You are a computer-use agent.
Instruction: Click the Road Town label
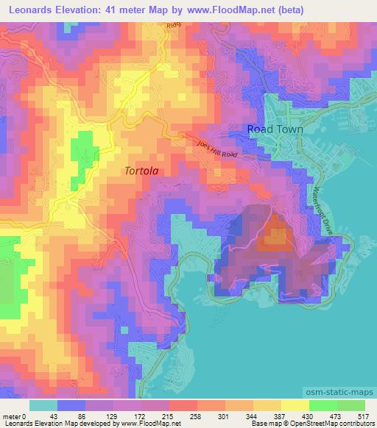[274, 128]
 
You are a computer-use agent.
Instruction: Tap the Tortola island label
[141, 170]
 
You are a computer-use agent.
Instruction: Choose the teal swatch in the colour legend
[43, 405]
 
